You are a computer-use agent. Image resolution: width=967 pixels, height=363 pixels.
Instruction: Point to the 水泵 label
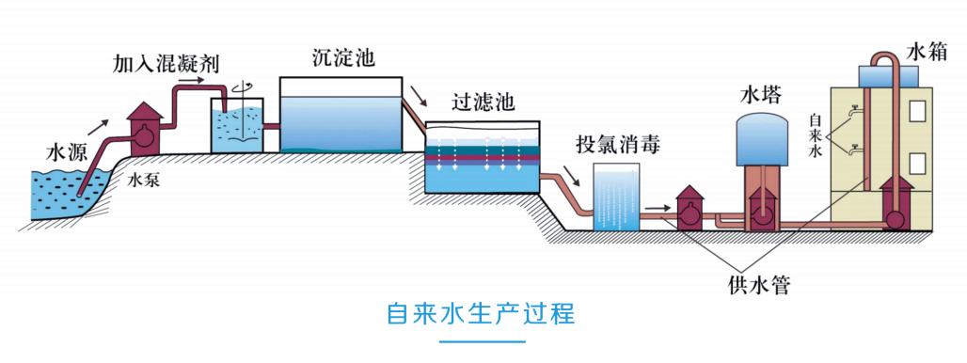tap(143, 181)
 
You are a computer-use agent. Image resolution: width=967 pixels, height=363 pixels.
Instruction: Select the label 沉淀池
tap(344, 57)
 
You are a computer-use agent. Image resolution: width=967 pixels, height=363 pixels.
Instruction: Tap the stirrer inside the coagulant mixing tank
tap(242, 117)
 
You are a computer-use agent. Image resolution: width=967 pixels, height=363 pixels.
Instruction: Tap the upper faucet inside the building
tap(854, 113)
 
